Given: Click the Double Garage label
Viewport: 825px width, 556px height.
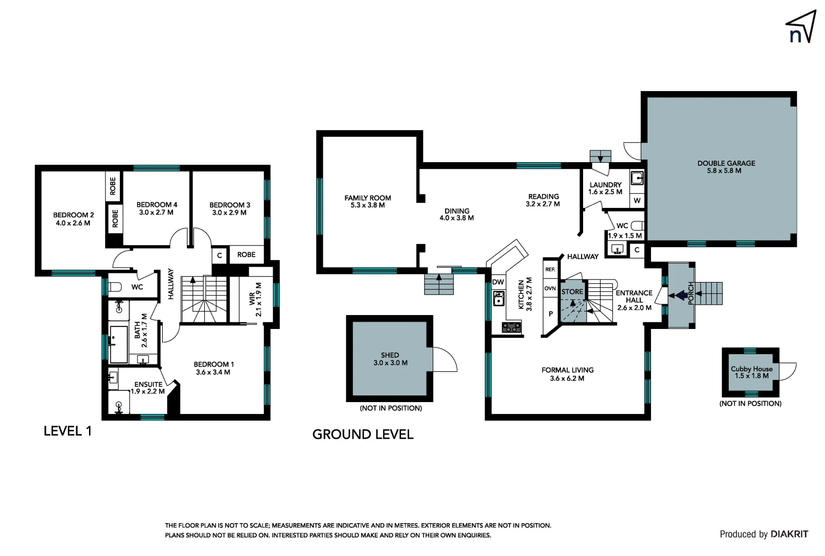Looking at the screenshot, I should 726,163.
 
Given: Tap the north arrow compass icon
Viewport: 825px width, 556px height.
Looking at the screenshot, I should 801,27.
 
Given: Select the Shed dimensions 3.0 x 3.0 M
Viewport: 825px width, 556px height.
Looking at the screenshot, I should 390,363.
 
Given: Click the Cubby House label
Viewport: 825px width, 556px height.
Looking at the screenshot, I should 751,369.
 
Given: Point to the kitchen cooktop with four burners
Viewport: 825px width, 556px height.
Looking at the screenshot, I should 511,327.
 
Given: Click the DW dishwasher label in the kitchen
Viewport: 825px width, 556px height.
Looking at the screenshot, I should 498,282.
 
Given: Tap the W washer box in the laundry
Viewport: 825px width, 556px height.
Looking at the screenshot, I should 637,201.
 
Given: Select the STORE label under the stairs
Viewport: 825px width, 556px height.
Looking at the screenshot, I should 572,292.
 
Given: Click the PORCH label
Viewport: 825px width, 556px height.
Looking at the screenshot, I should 691,293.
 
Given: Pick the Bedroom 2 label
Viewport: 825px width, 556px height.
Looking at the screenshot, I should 74,215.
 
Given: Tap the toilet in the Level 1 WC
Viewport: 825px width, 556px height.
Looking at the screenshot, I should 115,287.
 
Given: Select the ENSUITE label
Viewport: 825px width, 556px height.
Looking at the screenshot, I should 148,384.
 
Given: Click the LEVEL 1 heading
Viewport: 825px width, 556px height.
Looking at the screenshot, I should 67,431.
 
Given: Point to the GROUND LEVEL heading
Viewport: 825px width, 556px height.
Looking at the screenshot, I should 363,435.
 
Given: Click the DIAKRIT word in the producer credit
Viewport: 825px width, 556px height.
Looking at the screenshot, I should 789,534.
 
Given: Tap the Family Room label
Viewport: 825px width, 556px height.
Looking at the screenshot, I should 367,198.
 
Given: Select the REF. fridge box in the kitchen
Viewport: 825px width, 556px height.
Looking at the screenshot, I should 550,269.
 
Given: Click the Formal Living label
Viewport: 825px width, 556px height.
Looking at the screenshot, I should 567,370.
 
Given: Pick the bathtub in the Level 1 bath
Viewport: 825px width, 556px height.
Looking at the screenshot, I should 118,344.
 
